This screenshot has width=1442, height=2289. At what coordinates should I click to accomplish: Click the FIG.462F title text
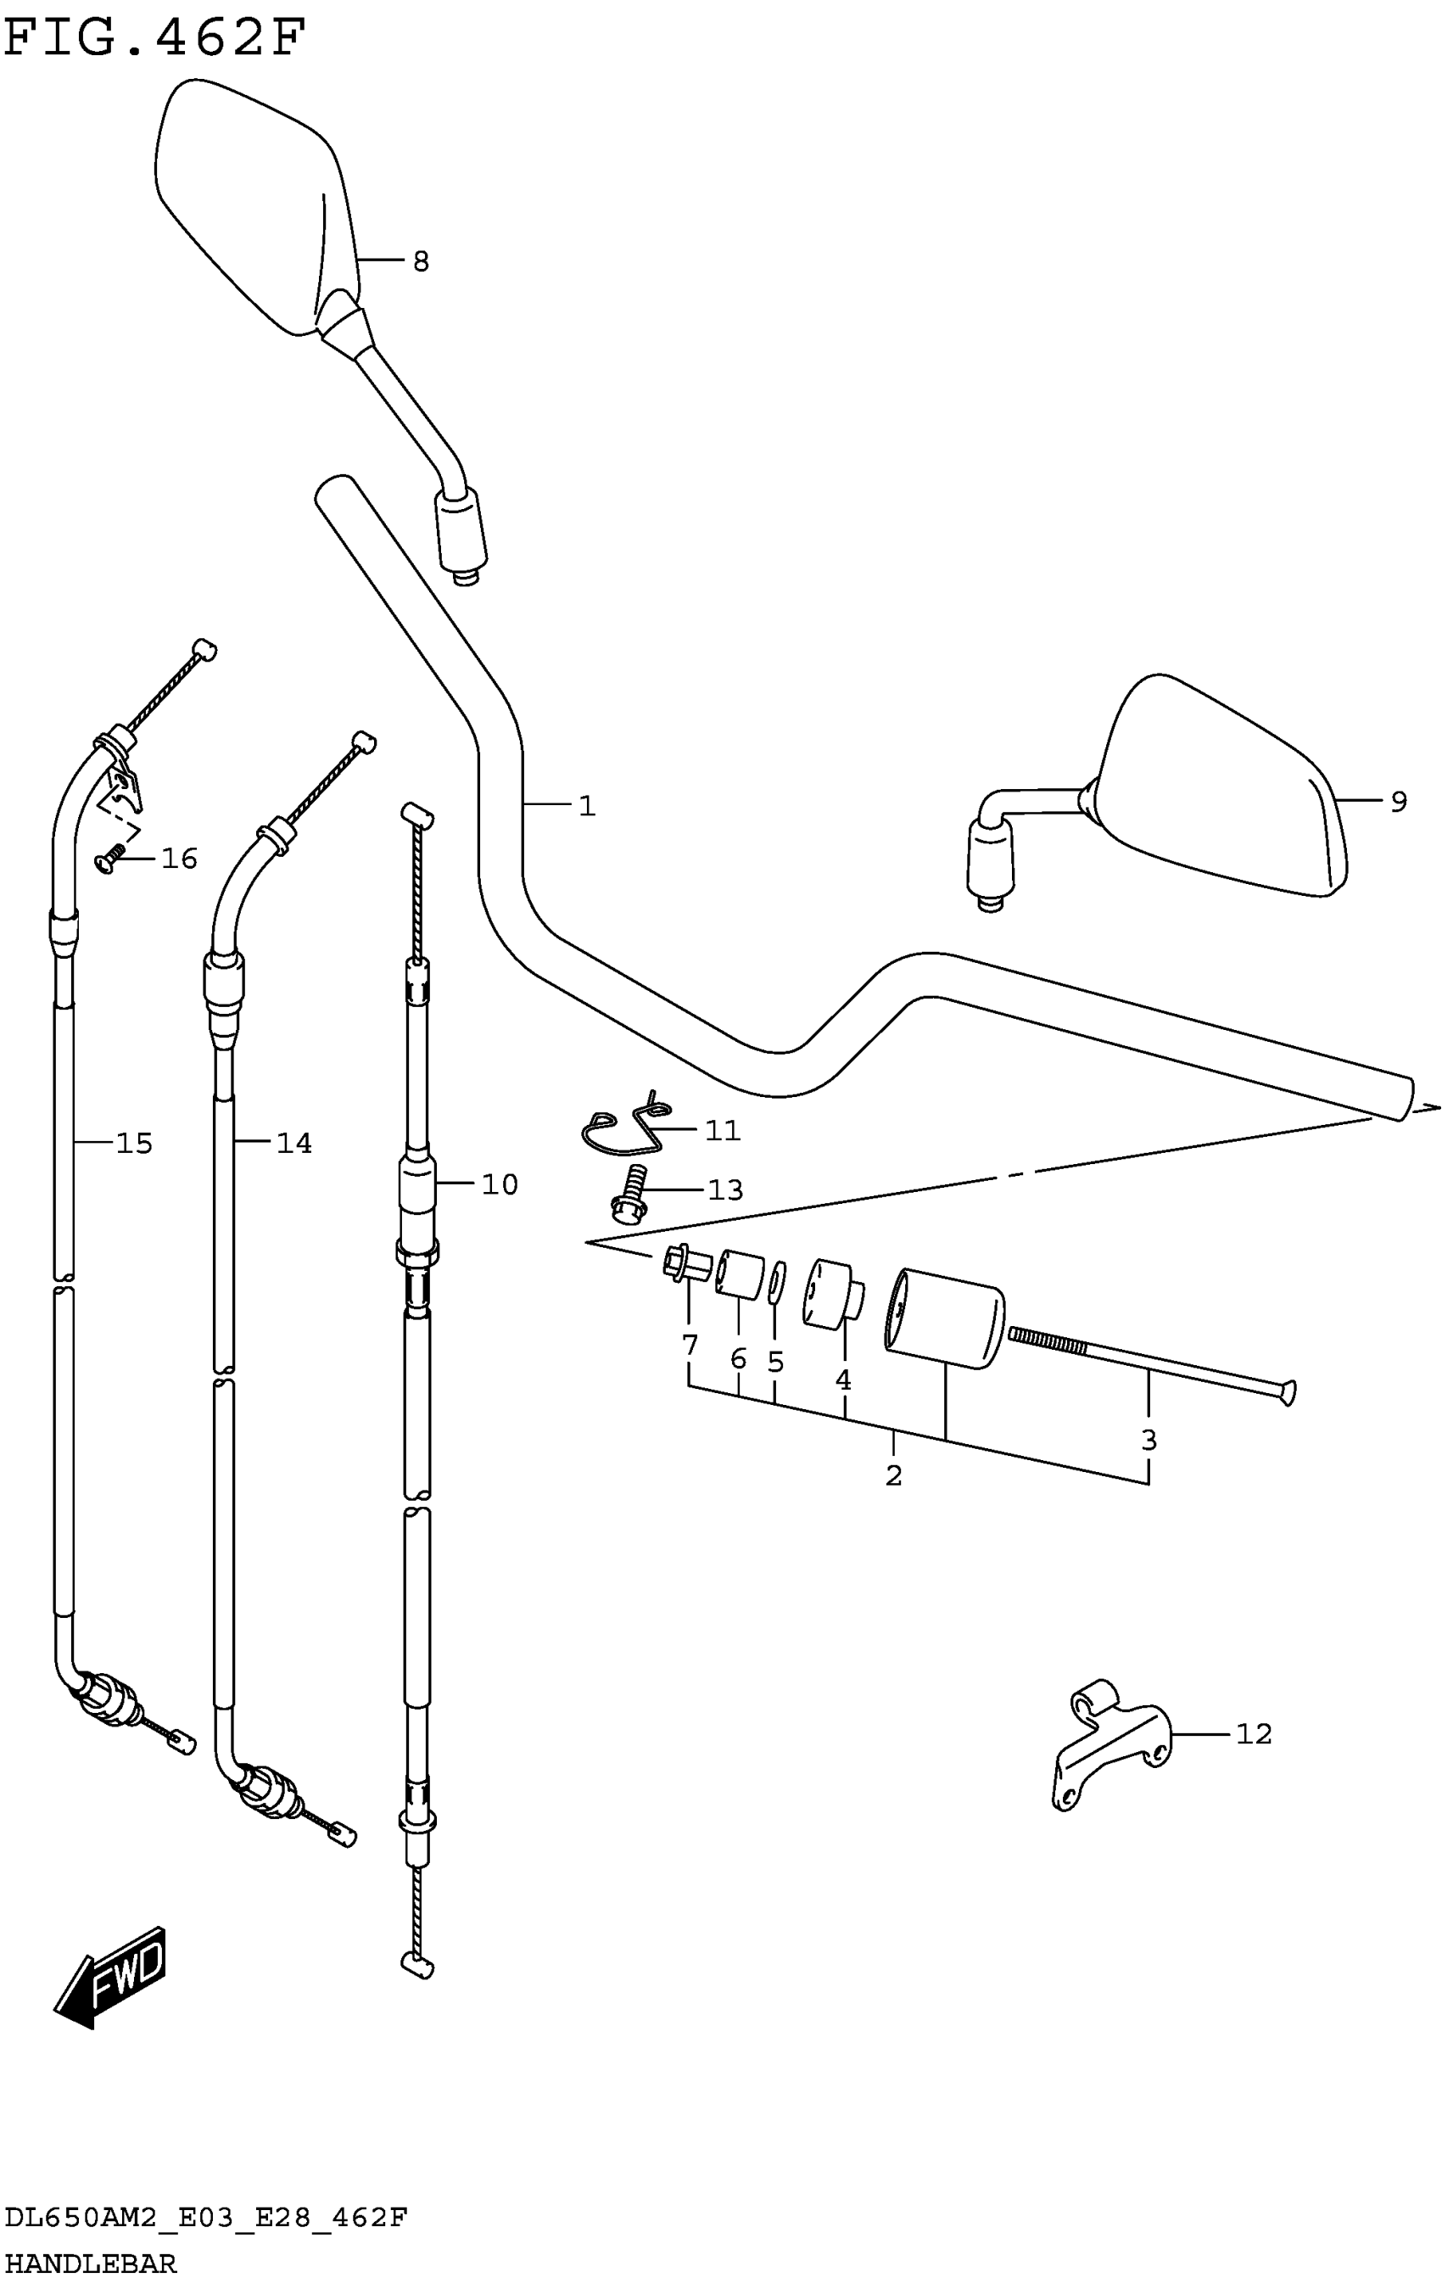click(x=155, y=38)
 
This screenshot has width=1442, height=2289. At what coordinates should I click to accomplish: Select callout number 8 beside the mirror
click(x=420, y=261)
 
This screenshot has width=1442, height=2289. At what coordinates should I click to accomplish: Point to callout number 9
click(x=1397, y=802)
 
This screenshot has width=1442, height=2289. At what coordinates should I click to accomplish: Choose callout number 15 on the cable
click(x=134, y=1143)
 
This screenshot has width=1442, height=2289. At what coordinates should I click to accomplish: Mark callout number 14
click(x=293, y=1143)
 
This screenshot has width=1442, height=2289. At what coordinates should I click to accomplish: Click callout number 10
click(x=499, y=1184)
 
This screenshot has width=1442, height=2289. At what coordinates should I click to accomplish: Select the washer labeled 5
click(x=775, y=1284)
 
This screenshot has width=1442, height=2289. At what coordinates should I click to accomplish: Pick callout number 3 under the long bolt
click(x=1149, y=1440)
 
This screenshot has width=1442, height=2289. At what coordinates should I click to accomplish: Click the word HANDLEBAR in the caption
click(x=90, y=2264)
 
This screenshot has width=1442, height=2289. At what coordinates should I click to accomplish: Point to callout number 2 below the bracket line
click(x=892, y=1475)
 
